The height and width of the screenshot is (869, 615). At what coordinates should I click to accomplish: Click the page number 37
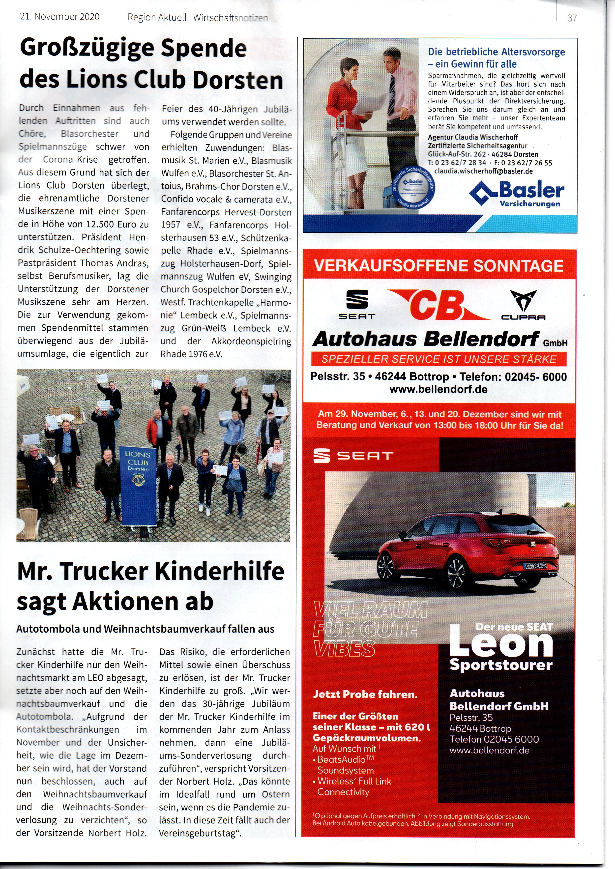coord(572,18)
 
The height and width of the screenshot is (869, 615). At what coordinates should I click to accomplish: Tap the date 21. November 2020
coord(59,17)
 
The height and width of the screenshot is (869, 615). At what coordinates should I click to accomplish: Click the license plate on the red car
coord(535,566)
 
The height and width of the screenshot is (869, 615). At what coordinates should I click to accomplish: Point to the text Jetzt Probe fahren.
coord(365,694)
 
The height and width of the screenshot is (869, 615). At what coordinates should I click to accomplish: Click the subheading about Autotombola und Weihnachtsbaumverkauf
coord(146,629)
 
